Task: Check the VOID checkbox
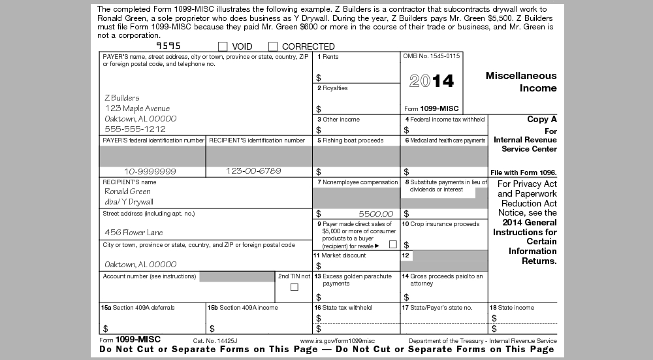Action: (223, 46)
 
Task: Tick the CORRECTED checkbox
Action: (273, 46)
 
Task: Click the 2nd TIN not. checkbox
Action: (294, 287)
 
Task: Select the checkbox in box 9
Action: (393, 244)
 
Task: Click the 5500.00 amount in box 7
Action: (375, 214)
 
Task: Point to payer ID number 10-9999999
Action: (150, 171)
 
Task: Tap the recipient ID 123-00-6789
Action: (253, 171)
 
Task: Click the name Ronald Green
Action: (127, 191)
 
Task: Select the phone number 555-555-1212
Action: (135, 129)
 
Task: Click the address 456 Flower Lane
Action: (134, 233)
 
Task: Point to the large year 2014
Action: (431, 81)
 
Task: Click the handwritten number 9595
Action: (168, 46)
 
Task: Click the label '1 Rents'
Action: (328, 57)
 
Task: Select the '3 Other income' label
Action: (338, 120)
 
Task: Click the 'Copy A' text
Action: (542, 120)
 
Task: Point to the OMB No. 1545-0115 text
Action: (432, 56)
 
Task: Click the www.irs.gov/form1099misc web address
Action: (338, 341)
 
